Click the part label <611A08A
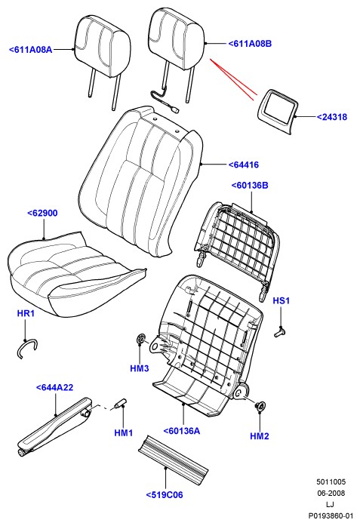coord(30,50)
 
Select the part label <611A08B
coord(250,43)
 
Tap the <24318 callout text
coord(332,117)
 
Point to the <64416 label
coord(244,165)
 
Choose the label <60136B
coord(250,185)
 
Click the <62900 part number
coord(42,213)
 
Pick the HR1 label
coord(26,314)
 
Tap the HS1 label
coord(281,300)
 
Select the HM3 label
coord(139,368)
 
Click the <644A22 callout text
coord(54,387)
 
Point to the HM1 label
coord(124,432)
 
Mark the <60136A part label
coord(182,431)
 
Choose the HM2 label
coord(260,436)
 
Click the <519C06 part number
coord(165,495)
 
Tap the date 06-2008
coord(331,493)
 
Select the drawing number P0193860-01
coord(331,515)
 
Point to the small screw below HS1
coord(279,333)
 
